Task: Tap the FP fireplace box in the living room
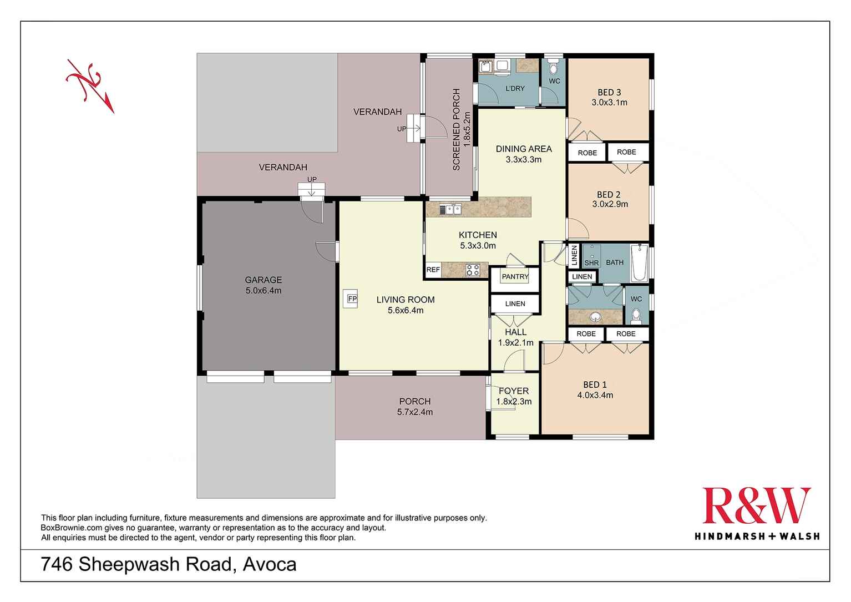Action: pyautogui.click(x=352, y=299)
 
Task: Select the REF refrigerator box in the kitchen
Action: pyautogui.click(x=433, y=270)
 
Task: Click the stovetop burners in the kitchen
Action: pyautogui.click(x=473, y=270)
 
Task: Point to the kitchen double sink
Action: pyautogui.click(x=450, y=209)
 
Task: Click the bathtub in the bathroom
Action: pyautogui.click(x=639, y=262)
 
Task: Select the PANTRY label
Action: pyautogui.click(x=515, y=276)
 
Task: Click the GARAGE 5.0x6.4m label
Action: pyautogui.click(x=264, y=285)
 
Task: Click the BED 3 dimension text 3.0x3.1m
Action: pyautogui.click(x=609, y=103)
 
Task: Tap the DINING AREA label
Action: pyautogui.click(x=524, y=149)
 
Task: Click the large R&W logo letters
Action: pyautogui.click(x=756, y=506)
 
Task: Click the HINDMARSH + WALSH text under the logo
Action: pyautogui.click(x=757, y=536)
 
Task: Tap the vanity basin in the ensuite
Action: pyautogui.click(x=596, y=317)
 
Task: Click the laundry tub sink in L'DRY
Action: pyautogui.click(x=485, y=67)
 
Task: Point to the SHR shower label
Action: pyautogui.click(x=591, y=263)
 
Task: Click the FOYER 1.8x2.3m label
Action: pyautogui.click(x=514, y=396)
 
